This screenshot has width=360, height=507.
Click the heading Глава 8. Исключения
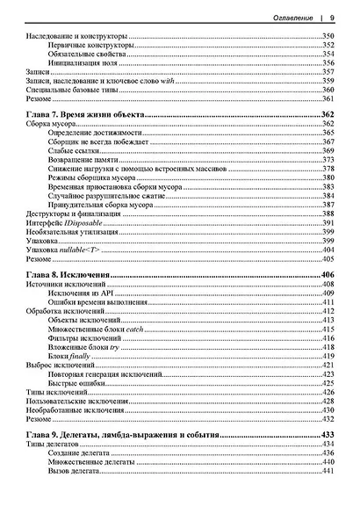coord(68,275)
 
